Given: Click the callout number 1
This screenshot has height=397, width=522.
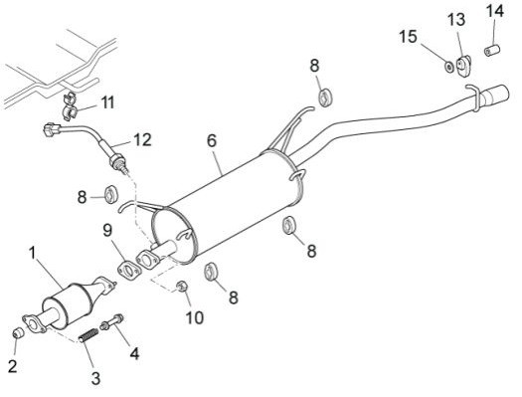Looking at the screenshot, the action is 32,254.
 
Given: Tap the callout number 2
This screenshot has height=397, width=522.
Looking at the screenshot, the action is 12,367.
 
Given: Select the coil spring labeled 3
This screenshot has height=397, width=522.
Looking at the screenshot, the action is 88,334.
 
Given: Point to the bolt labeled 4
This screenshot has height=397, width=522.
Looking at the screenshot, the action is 111,321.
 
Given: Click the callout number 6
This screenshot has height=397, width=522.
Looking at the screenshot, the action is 212,140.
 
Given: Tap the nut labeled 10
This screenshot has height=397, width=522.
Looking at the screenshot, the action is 182,287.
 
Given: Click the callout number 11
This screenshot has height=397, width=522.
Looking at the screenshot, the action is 107,102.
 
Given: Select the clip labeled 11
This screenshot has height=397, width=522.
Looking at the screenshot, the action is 70,105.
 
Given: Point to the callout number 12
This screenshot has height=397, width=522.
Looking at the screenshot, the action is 142,140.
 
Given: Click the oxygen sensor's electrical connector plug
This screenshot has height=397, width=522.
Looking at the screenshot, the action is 52,129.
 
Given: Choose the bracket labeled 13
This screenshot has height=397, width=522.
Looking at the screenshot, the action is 464,66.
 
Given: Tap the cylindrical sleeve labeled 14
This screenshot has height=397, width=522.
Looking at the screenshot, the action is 492,51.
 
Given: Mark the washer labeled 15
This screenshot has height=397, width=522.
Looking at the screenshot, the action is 449,67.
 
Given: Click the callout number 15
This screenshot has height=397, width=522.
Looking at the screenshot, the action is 408,37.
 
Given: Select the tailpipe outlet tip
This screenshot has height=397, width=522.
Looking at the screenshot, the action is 496,94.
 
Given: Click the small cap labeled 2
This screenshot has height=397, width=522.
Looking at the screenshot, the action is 18,332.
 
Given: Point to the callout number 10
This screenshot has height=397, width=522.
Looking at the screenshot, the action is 195,317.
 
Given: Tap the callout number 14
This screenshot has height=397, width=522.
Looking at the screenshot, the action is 495,11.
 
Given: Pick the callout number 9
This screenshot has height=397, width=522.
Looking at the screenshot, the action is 107,230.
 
